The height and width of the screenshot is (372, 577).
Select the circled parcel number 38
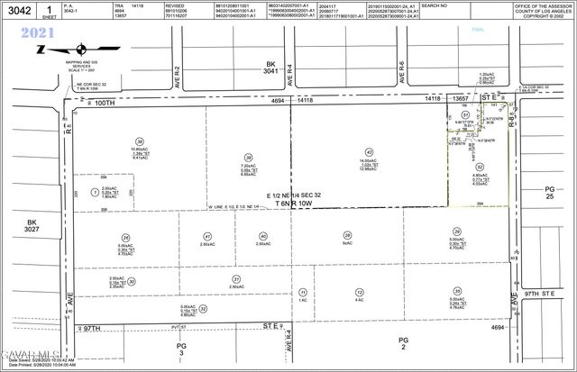click(x=140, y=141)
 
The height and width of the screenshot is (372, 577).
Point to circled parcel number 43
click(x=369, y=151)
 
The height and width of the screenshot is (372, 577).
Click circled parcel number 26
click(x=125, y=237)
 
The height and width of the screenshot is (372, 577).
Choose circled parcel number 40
click(x=261, y=236)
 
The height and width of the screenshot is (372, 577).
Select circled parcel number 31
click(x=237, y=279)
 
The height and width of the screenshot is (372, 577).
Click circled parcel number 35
click(x=457, y=290)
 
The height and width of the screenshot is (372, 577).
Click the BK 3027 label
click(x=34, y=226)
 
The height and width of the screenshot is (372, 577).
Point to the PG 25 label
click(x=551, y=194)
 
